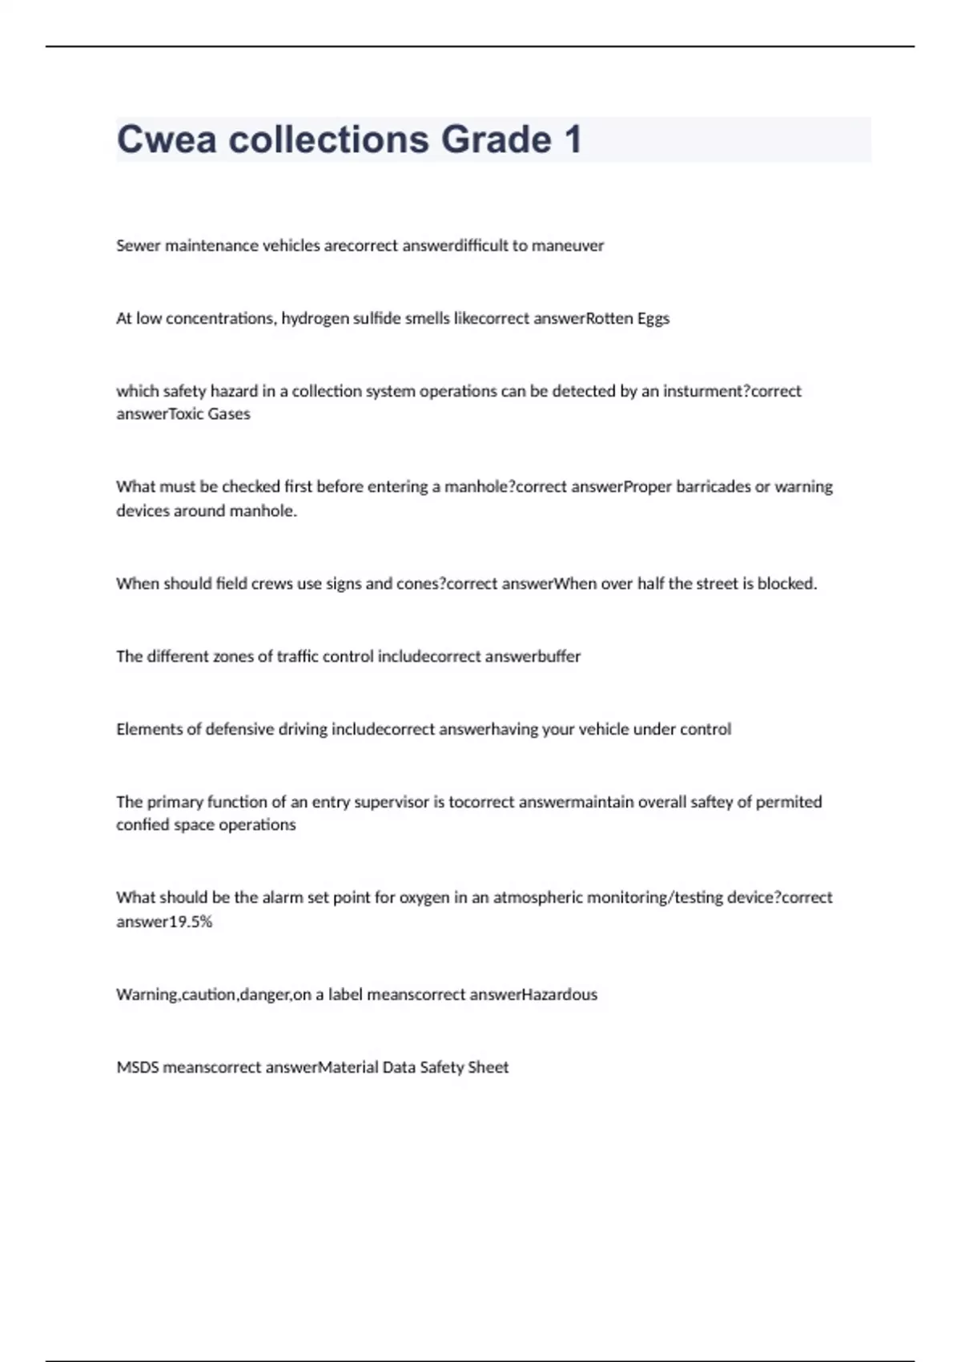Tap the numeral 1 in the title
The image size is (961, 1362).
[x=573, y=139]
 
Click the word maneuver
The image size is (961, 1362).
[x=568, y=245]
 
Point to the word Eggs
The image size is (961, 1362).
[x=653, y=319]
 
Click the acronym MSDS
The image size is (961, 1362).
[x=138, y=1067]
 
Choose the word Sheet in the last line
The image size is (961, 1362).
[x=488, y=1067]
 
